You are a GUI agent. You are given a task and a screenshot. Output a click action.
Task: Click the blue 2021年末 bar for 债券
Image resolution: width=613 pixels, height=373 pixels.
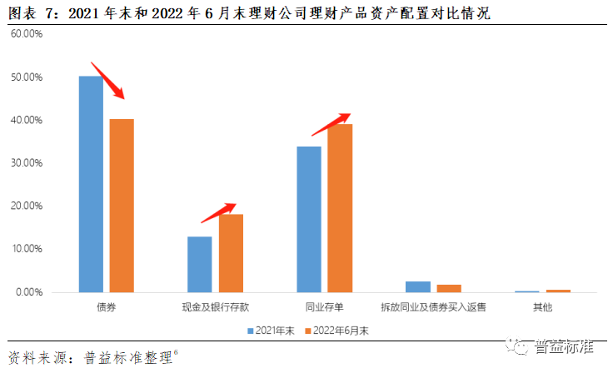click(91, 184)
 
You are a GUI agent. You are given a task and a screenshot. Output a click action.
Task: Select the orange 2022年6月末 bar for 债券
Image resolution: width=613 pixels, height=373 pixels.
click(122, 205)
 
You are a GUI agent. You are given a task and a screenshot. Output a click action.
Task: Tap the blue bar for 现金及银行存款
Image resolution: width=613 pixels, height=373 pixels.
click(200, 264)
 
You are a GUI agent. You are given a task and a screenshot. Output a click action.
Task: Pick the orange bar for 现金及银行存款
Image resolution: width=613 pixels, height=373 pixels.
click(231, 253)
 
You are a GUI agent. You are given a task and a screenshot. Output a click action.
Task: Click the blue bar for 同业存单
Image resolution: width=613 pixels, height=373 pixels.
click(309, 219)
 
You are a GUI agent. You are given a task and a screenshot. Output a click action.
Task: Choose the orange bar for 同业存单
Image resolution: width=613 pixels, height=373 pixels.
click(340, 208)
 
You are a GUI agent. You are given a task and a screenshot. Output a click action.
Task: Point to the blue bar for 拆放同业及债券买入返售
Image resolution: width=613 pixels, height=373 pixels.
click(418, 286)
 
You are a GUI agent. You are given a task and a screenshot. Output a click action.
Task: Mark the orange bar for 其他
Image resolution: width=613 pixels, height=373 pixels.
click(558, 291)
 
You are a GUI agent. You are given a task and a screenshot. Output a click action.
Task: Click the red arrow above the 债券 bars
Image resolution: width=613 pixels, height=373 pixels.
click(107, 80)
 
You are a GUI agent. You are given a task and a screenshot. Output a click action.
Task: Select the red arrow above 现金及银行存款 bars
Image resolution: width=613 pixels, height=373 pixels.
click(218, 213)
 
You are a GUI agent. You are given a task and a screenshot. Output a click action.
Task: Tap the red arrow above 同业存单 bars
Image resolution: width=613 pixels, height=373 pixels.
click(331, 124)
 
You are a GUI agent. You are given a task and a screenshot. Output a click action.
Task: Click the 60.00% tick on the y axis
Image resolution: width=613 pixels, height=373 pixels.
click(26, 34)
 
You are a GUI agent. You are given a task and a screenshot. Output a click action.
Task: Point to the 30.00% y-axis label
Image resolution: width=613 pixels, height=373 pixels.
click(26, 163)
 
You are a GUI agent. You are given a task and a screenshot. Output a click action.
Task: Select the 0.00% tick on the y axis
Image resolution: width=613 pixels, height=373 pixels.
click(28, 292)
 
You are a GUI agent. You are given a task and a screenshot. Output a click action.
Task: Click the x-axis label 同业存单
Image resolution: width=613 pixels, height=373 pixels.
click(324, 307)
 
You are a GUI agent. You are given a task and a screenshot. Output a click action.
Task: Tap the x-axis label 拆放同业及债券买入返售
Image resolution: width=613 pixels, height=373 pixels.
click(433, 307)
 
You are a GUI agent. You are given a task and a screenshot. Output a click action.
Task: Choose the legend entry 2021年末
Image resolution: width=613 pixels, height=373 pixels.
click(272, 331)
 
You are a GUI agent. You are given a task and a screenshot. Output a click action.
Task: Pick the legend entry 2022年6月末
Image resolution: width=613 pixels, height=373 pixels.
click(335, 331)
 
